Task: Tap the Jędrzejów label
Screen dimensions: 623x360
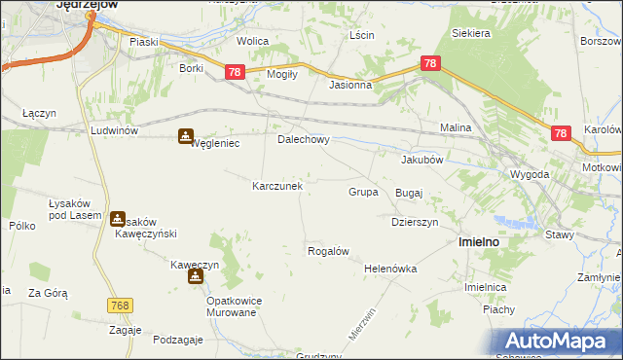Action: (x=87, y=5)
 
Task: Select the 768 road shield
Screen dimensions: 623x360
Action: (x=120, y=306)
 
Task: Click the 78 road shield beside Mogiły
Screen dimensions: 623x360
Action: (x=235, y=72)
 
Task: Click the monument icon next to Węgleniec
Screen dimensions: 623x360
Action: (x=185, y=137)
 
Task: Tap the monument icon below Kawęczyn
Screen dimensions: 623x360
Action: (x=196, y=277)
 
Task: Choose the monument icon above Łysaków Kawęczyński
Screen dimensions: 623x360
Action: (x=118, y=219)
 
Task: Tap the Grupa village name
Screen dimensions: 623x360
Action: (x=363, y=192)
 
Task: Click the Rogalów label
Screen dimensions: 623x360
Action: (x=328, y=251)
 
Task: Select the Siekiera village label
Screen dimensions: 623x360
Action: (x=470, y=33)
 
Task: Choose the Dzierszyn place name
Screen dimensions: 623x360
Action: (x=416, y=222)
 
